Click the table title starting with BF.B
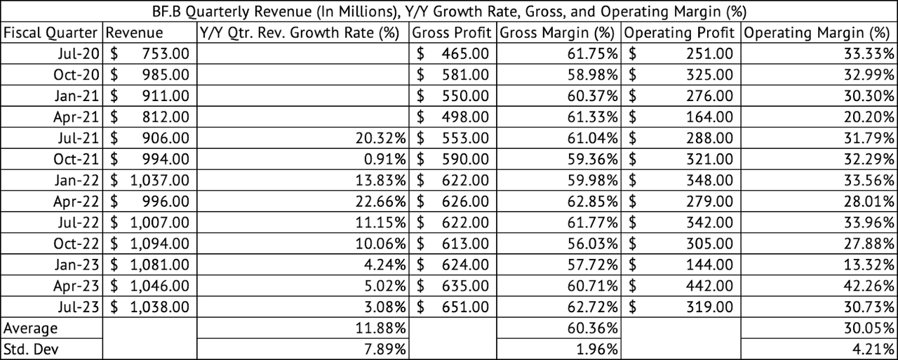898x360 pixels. [x=449, y=11]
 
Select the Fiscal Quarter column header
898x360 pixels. [x=51, y=32]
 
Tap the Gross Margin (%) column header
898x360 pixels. [x=557, y=32]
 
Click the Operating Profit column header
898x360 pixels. [x=679, y=32]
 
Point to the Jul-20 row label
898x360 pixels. [x=79, y=53]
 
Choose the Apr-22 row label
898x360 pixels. [x=76, y=201]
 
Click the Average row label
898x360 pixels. [x=30, y=328]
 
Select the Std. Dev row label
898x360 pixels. [x=31, y=349]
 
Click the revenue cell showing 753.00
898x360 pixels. [x=166, y=53]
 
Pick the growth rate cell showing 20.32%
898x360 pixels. [x=380, y=138]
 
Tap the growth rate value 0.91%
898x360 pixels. [x=385, y=159]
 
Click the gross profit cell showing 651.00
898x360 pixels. [x=465, y=307]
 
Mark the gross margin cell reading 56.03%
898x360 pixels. [x=593, y=244]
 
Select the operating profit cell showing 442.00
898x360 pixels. [x=709, y=286]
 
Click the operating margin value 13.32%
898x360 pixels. [x=869, y=265]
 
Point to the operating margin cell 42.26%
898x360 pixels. [x=869, y=286]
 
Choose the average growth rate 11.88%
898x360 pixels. [x=380, y=328]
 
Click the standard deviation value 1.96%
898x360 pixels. [x=597, y=349]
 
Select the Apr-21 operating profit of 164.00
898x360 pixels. [x=709, y=116]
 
